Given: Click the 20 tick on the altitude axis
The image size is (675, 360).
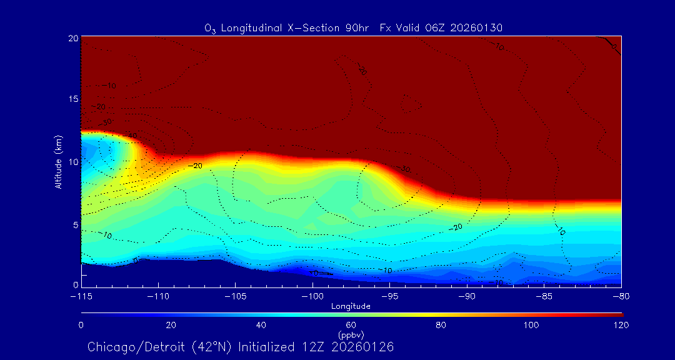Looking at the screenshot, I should pos(72,38).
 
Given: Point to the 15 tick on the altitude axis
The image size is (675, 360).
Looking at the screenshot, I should pos(72,100).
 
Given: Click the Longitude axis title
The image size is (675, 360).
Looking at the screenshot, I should pos(351,306).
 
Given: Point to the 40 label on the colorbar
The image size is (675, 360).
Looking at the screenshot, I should pos(261,325).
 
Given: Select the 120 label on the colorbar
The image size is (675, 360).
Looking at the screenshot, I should pos(621,325).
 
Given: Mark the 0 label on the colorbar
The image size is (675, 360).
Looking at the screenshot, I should pos(81,325).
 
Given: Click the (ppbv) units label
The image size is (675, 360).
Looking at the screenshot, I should pos(351,334).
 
